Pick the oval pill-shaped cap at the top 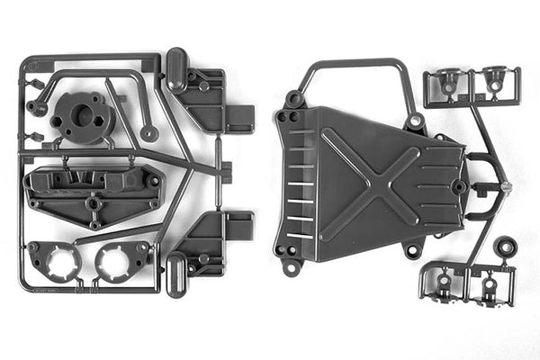pos(176,69)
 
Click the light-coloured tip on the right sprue pos(507,187)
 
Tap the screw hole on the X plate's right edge pos(460,187)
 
